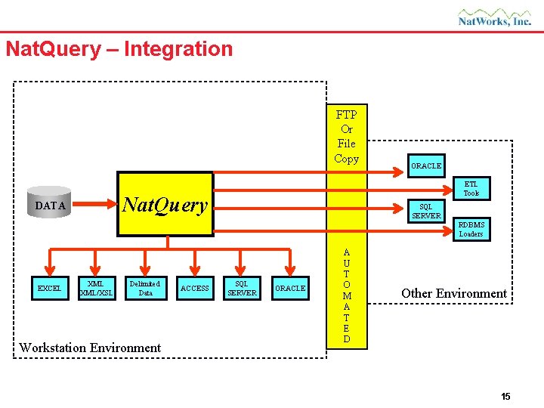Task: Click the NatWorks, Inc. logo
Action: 495,17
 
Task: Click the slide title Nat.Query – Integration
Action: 119,49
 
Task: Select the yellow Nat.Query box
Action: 165,205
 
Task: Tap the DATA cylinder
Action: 51,205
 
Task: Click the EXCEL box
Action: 51,288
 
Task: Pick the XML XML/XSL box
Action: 96,288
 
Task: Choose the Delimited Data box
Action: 146,288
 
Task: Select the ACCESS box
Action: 195,288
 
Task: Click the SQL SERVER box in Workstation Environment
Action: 242,288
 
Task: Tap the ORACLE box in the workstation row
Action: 290,288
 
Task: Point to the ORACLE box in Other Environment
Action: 426,165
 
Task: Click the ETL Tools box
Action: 471,188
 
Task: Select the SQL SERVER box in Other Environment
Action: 426,212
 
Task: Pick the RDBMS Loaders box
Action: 471,229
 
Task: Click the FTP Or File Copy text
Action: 347,137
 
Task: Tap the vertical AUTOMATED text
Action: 347,295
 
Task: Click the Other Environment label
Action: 453,293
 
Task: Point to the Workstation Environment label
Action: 90,348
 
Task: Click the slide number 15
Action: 505,397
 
